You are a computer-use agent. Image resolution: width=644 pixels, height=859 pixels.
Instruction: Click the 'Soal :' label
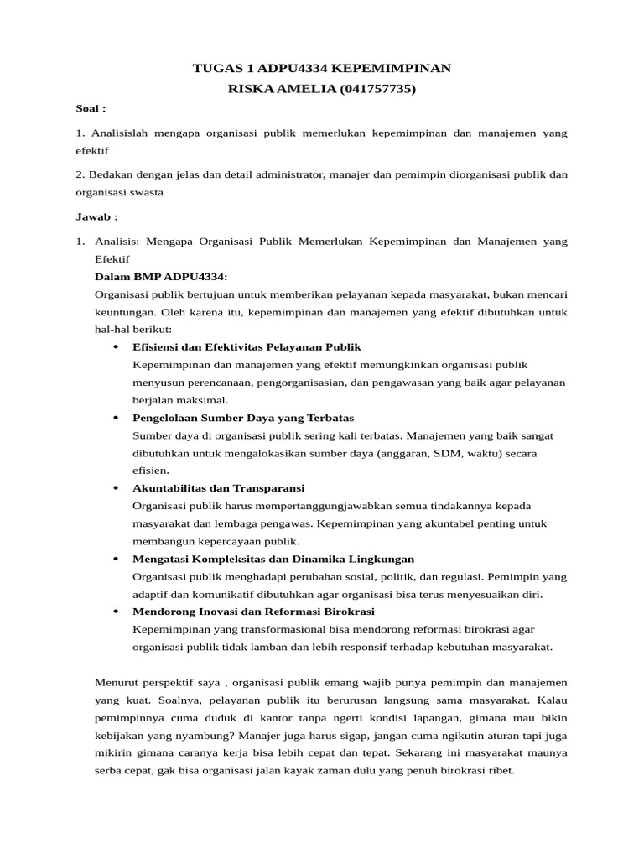91,109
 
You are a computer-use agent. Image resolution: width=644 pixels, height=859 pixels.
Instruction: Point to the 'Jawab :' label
96,216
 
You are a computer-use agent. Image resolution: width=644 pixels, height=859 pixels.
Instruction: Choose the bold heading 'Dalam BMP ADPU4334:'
161,277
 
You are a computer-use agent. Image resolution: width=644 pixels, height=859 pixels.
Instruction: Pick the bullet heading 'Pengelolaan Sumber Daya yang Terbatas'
243,418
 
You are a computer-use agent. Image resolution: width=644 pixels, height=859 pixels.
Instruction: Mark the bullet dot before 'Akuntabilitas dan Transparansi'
114,488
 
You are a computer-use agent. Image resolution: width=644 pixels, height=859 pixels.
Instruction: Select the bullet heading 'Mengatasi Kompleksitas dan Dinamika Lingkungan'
273,559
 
